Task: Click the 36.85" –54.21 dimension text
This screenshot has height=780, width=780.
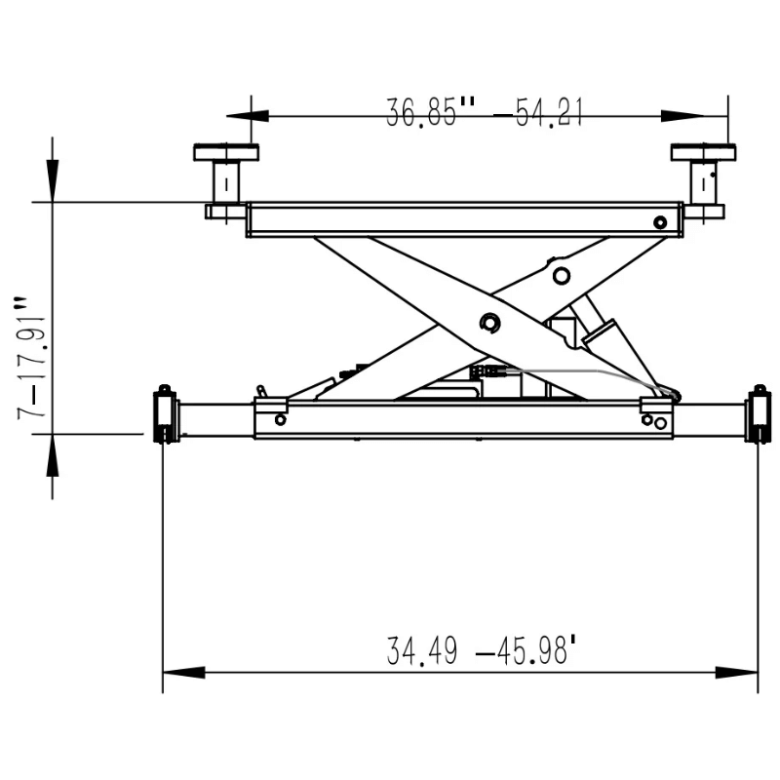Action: point(485,113)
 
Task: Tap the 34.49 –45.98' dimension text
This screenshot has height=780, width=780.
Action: point(477,650)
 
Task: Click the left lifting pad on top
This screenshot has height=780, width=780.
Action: point(226,152)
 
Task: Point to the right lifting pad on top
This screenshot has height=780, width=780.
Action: point(703,152)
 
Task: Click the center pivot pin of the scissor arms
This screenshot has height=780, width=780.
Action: point(489,323)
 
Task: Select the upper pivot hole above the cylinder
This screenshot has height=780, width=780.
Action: point(561,276)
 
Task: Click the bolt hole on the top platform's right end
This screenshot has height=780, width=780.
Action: point(661,222)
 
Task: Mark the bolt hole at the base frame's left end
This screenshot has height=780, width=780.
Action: point(281,420)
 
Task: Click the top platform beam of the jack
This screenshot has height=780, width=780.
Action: point(463,219)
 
